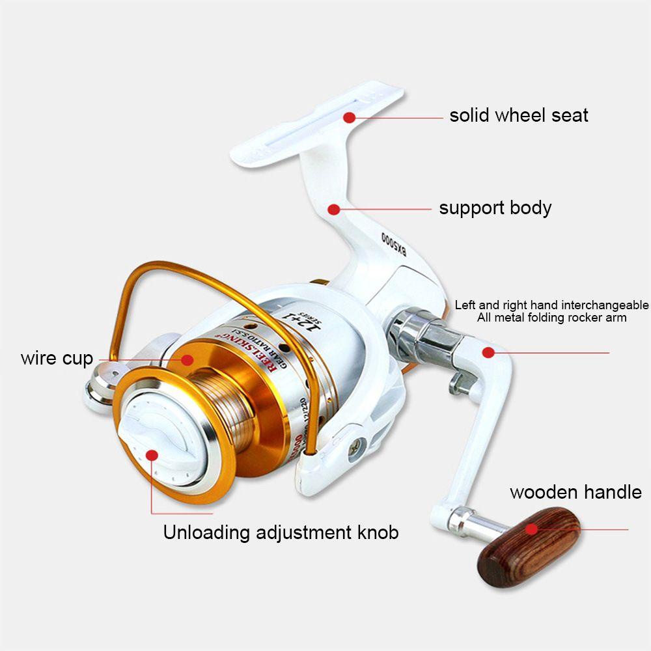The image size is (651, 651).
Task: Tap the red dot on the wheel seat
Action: pyautogui.click(x=350, y=118)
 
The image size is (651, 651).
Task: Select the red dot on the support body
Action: pyautogui.click(x=334, y=209)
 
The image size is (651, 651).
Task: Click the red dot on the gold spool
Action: pyautogui.click(x=188, y=359)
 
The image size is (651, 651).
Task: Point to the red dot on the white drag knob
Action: pyautogui.click(x=152, y=455)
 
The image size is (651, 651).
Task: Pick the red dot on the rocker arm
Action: pyautogui.click(x=487, y=353)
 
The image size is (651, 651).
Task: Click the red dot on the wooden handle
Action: pyautogui.click(x=533, y=529)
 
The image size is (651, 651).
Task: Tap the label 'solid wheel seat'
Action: pyautogui.click(x=519, y=116)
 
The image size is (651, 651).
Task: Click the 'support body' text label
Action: pyautogui.click(x=495, y=208)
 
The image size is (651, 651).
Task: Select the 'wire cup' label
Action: pyautogui.click(x=57, y=358)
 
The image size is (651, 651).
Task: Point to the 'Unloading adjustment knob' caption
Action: pyautogui.click(x=281, y=533)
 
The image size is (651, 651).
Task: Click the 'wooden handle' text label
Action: pyautogui.click(x=575, y=492)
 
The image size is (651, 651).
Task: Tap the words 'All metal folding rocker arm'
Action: pyautogui.click(x=551, y=318)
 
